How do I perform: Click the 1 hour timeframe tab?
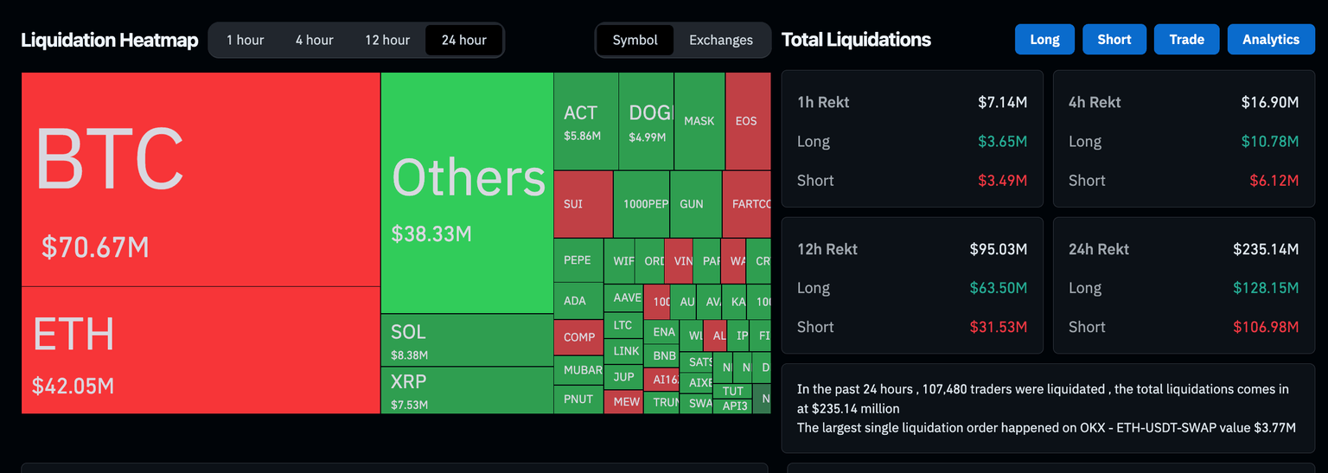(x=246, y=40)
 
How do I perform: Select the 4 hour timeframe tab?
(x=314, y=40)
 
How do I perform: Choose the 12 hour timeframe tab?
(x=387, y=40)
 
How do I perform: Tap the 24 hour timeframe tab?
(x=463, y=40)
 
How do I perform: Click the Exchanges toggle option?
(x=720, y=40)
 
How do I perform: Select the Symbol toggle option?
(x=635, y=40)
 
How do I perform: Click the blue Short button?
(x=1114, y=40)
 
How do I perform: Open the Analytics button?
(x=1270, y=40)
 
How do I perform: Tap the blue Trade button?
(x=1186, y=40)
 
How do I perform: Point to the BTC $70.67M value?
(x=95, y=247)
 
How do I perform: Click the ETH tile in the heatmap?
(x=201, y=350)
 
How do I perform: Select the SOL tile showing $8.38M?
(x=466, y=340)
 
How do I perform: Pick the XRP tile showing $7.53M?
(x=466, y=390)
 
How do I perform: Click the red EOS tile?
(x=747, y=121)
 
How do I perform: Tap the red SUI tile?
(x=582, y=204)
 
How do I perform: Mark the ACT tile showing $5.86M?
(x=585, y=121)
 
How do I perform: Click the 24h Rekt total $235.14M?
(x=1265, y=249)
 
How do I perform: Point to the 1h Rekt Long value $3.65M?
(x=1002, y=142)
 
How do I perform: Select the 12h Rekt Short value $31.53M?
(x=998, y=327)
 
